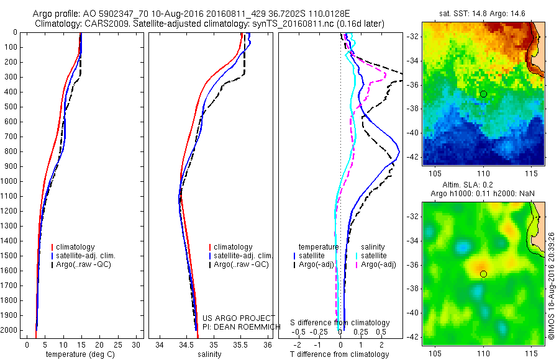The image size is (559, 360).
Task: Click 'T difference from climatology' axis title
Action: [x=340, y=354]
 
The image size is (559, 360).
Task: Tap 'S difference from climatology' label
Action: [x=340, y=323]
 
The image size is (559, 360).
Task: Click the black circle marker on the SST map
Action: [x=483, y=94]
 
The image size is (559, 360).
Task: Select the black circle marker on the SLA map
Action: [x=483, y=274]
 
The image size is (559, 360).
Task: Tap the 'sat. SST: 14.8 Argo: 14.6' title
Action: [x=483, y=13]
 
